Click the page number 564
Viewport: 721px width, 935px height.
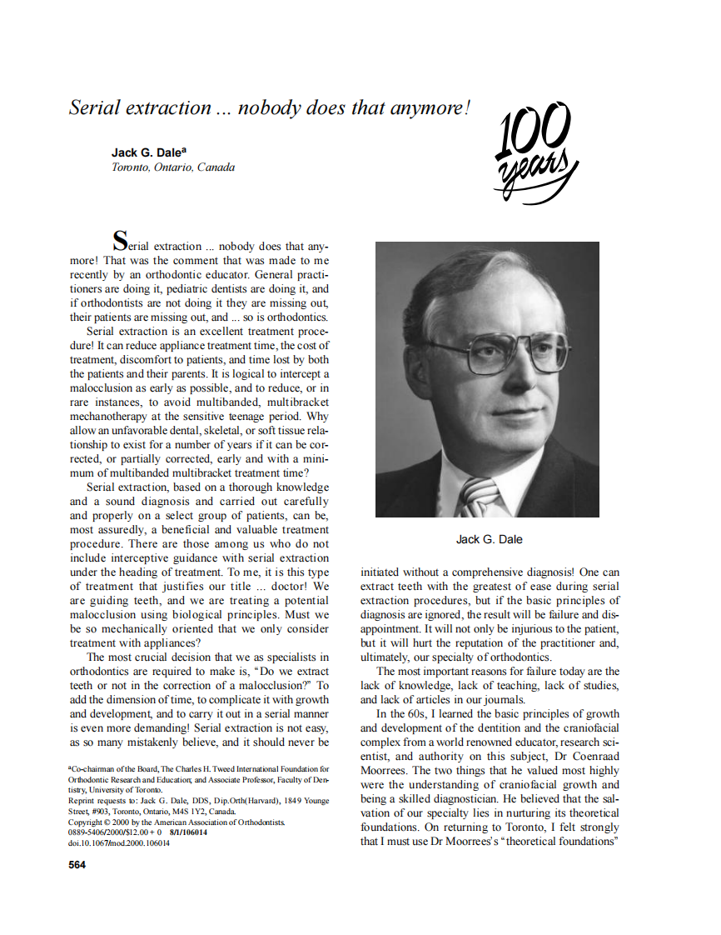point(77,864)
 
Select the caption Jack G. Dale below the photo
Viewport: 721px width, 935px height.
point(490,539)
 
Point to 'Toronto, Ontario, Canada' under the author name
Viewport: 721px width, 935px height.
point(173,167)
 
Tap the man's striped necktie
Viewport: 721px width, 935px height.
point(479,497)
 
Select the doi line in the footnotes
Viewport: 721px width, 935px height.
point(118,842)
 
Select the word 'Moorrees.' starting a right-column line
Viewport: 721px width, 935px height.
point(384,771)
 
